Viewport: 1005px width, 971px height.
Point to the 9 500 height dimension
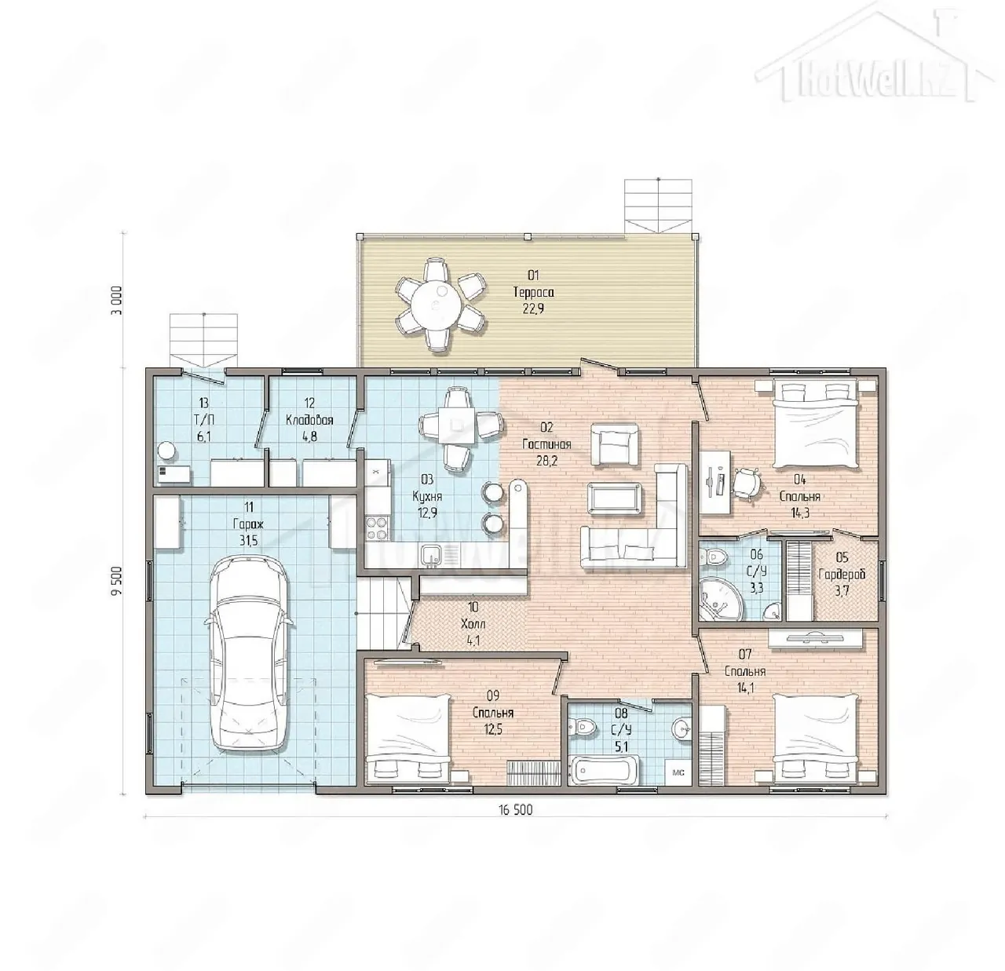click(117, 581)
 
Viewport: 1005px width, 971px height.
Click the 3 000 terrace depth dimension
click(118, 301)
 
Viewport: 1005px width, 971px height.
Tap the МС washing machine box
click(678, 772)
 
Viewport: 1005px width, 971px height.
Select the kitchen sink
click(429, 556)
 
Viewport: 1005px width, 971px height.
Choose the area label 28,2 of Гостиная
click(546, 461)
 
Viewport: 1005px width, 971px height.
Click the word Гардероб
click(842, 574)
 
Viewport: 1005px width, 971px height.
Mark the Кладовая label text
click(309, 420)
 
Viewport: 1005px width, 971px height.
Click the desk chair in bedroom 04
click(747, 483)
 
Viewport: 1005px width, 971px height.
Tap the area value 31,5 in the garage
click(248, 541)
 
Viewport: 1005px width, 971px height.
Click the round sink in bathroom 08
click(682, 729)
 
